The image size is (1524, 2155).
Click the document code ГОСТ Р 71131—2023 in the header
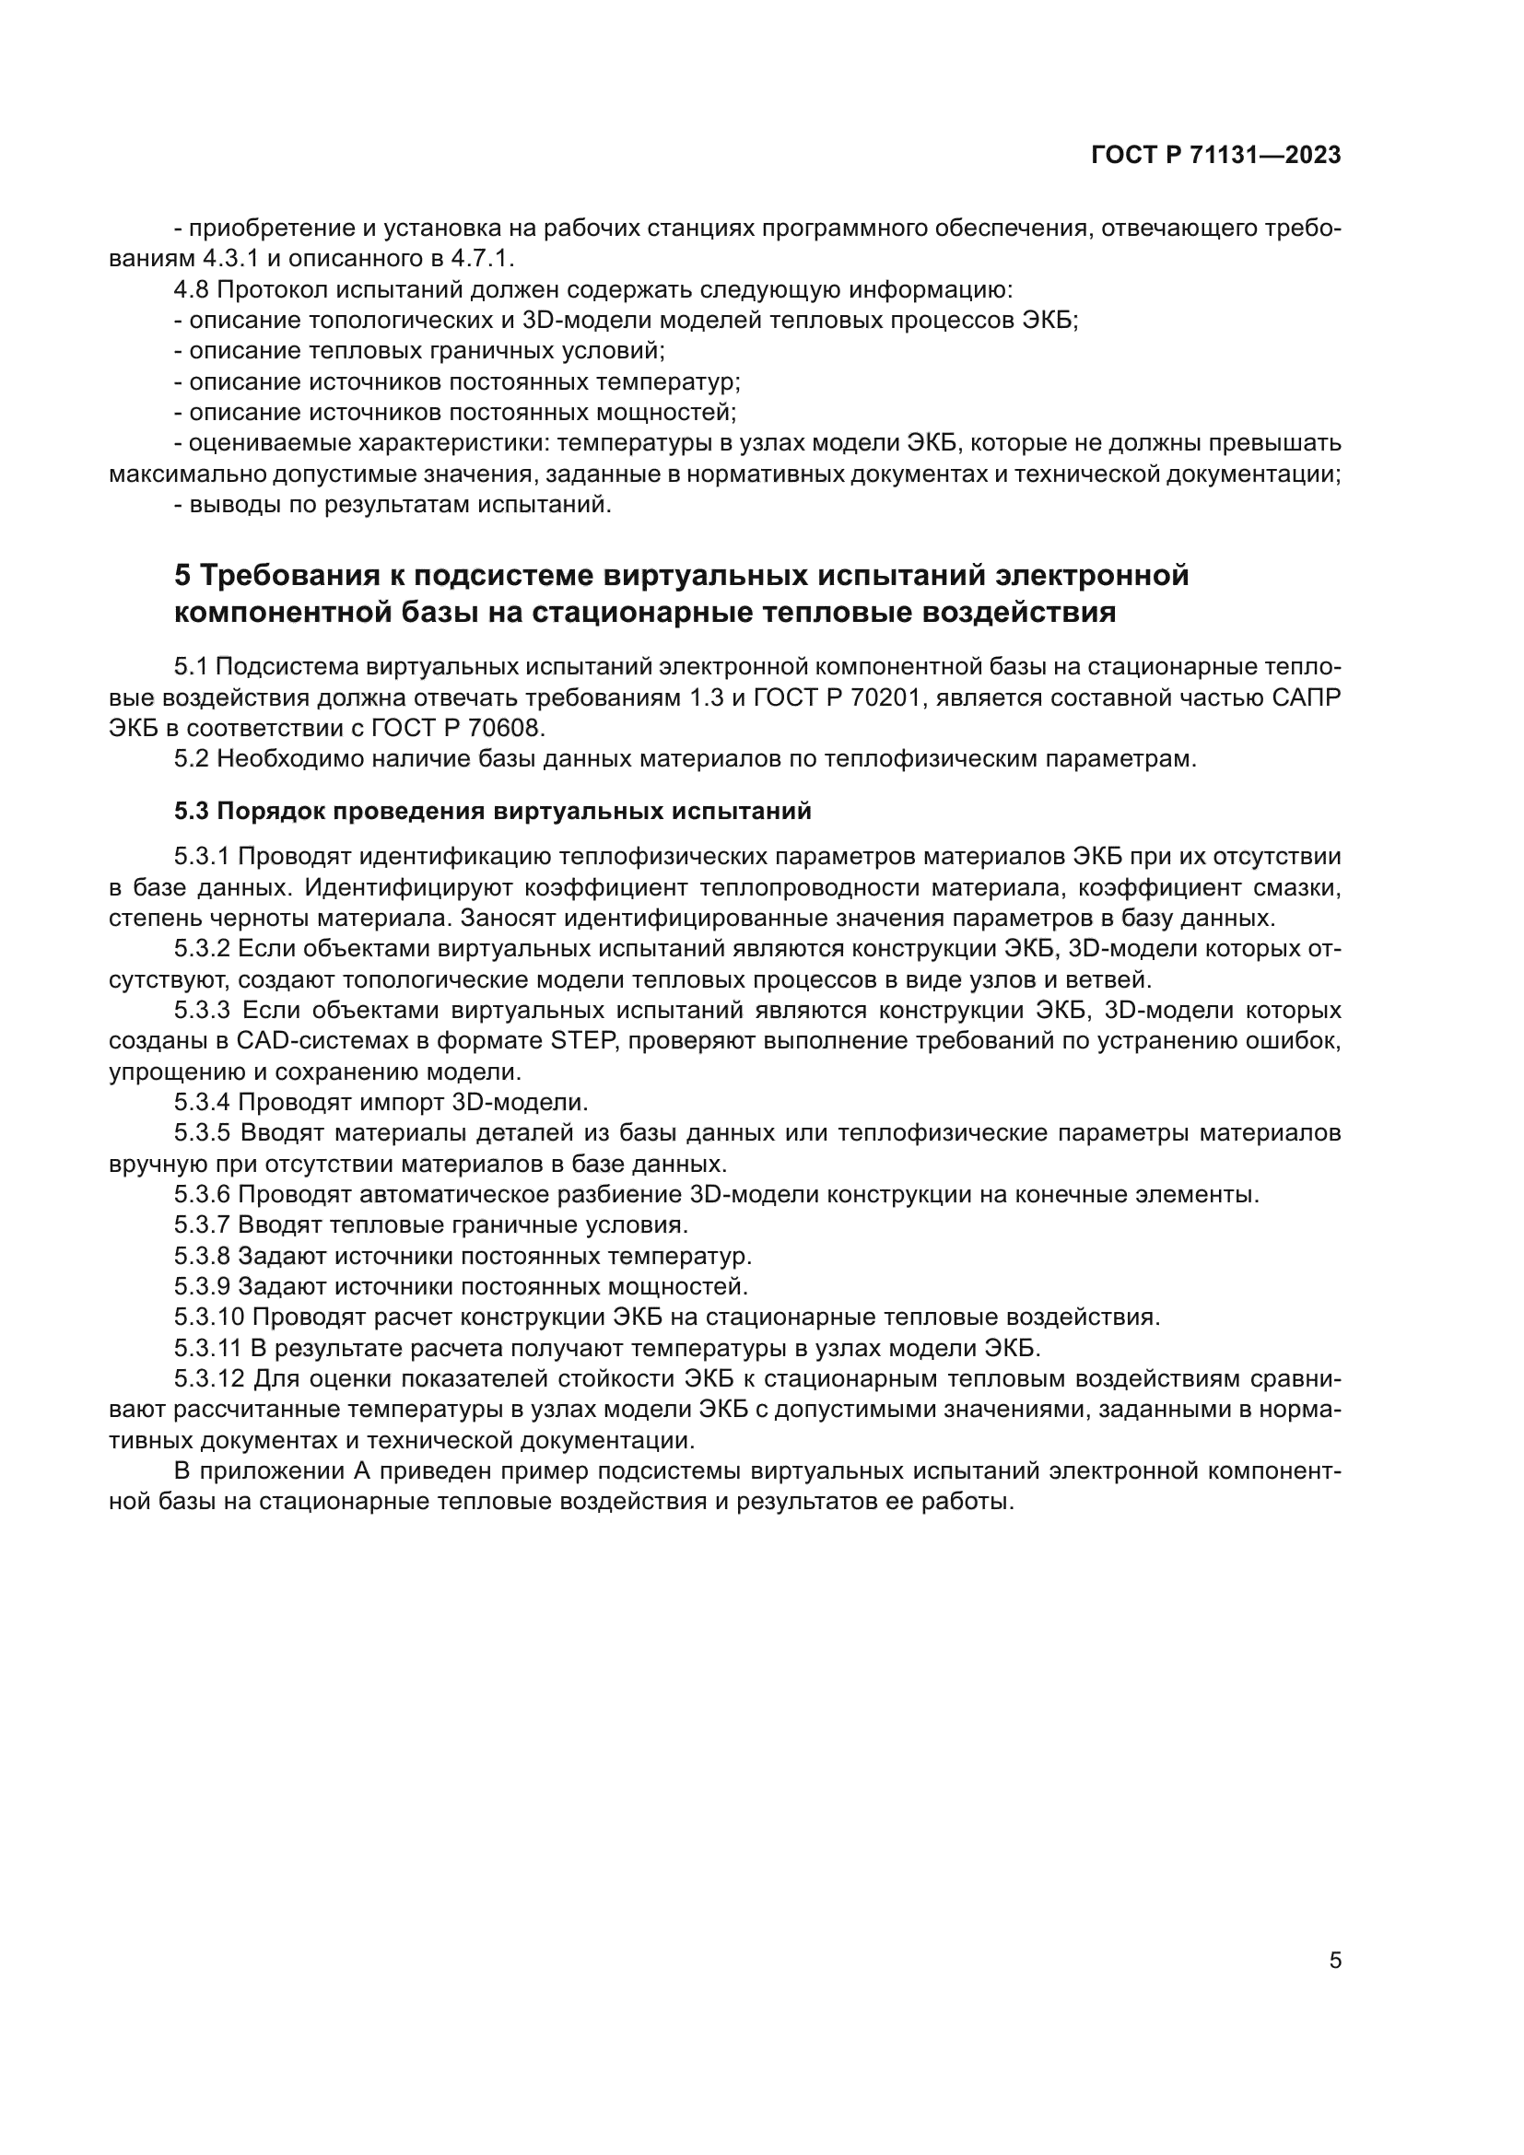(1216, 156)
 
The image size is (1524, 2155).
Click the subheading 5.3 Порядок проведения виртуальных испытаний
(493, 811)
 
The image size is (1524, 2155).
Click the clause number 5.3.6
(202, 1195)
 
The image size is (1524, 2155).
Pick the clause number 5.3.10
(209, 1317)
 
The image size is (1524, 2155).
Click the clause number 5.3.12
(209, 1379)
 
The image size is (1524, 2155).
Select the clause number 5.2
(191, 758)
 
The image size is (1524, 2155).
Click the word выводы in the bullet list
(227, 505)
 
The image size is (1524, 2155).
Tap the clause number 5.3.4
(202, 1102)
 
